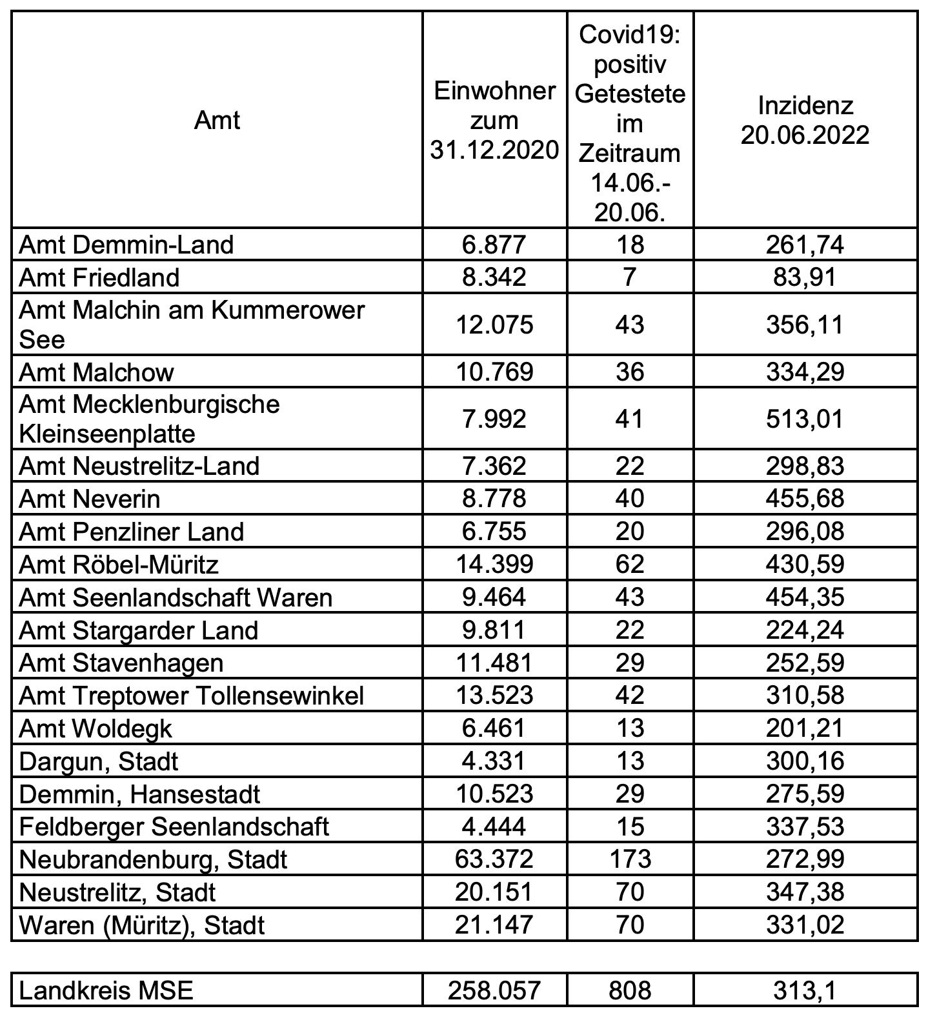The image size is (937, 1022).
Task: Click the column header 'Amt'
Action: point(217,121)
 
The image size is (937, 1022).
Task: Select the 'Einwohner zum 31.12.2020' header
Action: point(494,121)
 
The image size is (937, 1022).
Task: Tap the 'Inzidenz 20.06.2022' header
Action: point(805,121)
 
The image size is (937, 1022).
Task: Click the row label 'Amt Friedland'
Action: point(99,277)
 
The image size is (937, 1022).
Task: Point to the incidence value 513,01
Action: point(805,419)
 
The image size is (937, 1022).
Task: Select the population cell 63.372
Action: point(494,859)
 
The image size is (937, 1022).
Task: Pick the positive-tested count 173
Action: point(630,859)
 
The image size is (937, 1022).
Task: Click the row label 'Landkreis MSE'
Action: point(106,990)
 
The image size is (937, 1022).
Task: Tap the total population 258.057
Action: point(494,990)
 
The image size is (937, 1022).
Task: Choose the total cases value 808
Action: point(630,990)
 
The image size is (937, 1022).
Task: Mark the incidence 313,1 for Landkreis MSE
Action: point(805,990)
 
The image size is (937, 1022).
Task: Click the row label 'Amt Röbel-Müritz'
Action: point(119,565)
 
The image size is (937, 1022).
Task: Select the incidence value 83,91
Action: point(805,277)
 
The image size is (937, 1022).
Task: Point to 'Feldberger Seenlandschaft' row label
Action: point(174,827)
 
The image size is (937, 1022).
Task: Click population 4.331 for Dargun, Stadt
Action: point(494,761)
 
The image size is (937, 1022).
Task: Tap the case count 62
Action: point(630,565)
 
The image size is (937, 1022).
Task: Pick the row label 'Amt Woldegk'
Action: point(96,729)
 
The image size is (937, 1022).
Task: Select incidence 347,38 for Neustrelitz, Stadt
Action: point(805,892)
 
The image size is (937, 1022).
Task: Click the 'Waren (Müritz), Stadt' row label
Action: point(142,925)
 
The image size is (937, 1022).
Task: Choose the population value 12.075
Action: point(494,324)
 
